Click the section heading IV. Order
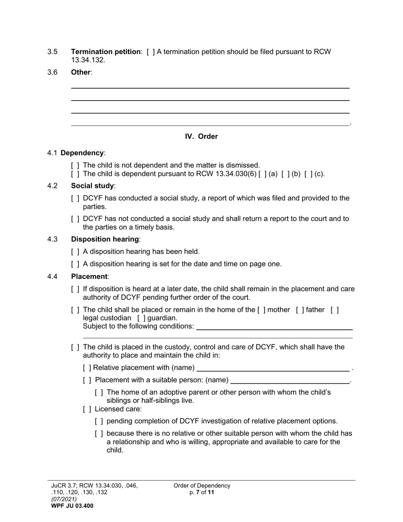point(201,136)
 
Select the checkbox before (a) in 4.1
point(262,174)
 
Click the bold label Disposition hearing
point(104,239)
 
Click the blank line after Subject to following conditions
point(274,328)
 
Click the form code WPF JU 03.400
point(72,506)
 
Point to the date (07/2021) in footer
point(64,499)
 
